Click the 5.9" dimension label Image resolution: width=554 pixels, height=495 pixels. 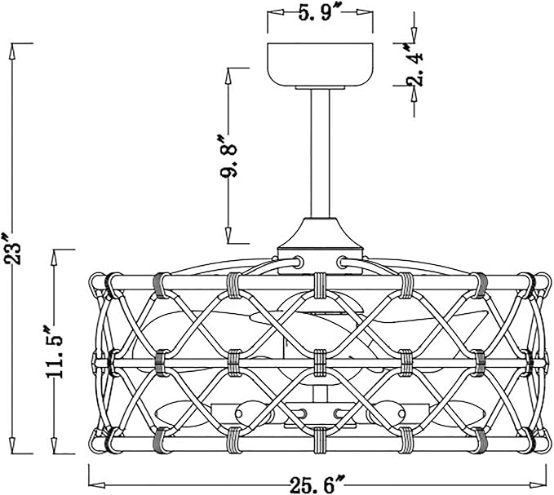[x=320, y=13]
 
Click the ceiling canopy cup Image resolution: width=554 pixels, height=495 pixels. [x=321, y=61]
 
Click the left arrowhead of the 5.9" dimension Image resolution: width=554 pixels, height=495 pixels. [x=273, y=13]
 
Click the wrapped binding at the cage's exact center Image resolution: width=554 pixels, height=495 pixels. [x=320, y=357]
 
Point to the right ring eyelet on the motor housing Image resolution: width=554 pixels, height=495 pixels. [x=340, y=263]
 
